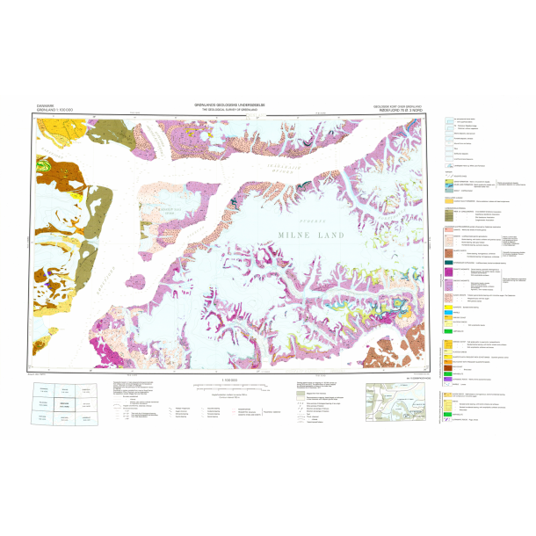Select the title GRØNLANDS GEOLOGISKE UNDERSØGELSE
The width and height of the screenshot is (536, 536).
click(x=230, y=102)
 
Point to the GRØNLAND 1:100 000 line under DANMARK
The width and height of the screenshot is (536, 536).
click(x=52, y=110)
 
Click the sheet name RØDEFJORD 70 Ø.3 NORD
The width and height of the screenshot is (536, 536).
click(x=400, y=111)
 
